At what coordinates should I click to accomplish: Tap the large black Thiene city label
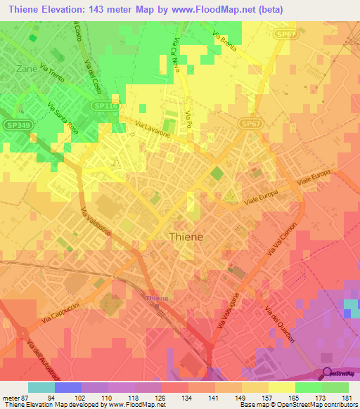pyautogui.click(x=186, y=237)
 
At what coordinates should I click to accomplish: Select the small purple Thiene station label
pyautogui.click(x=156, y=299)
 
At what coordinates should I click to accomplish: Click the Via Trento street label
pyautogui.click(x=53, y=75)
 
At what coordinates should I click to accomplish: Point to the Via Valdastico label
pyautogui.click(x=95, y=225)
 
